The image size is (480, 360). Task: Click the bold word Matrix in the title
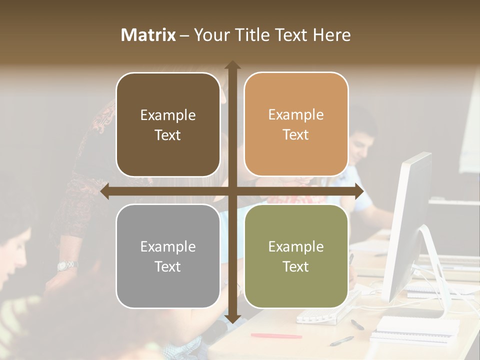pos(148,35)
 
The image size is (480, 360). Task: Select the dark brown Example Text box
pos(168,125)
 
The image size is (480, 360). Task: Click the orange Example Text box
pos(296,124)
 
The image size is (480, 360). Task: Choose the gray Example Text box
pos(168,256)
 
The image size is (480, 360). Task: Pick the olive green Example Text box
pos(296,256)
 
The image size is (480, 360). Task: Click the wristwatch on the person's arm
pos(66,265)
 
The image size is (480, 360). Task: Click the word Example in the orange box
pos(296,115)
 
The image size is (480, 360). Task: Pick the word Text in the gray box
pos(168,266)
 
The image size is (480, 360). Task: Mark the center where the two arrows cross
pos(232,191)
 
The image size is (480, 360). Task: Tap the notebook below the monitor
pos(417,327)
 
